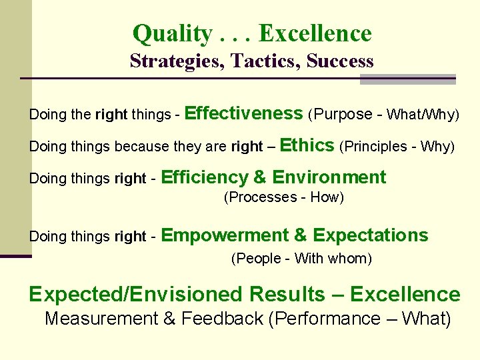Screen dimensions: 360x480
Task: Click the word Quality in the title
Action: tap(172, 33)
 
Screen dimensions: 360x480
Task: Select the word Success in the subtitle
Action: tap(341, 61)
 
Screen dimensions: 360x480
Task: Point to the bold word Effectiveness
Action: tap(243, 113)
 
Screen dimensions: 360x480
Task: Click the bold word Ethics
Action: tap(308, 145)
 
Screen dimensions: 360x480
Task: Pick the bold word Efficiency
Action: tap(205, 177)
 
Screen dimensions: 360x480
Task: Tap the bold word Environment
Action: tap(329, 177)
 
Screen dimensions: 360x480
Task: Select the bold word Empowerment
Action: tap(225, 235)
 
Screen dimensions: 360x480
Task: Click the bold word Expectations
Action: tap(371, 235)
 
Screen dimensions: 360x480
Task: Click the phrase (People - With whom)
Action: tap(301, 259)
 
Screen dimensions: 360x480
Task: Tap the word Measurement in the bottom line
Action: tap(101, 319)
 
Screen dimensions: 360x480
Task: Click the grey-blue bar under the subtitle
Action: tap(407, 79)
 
